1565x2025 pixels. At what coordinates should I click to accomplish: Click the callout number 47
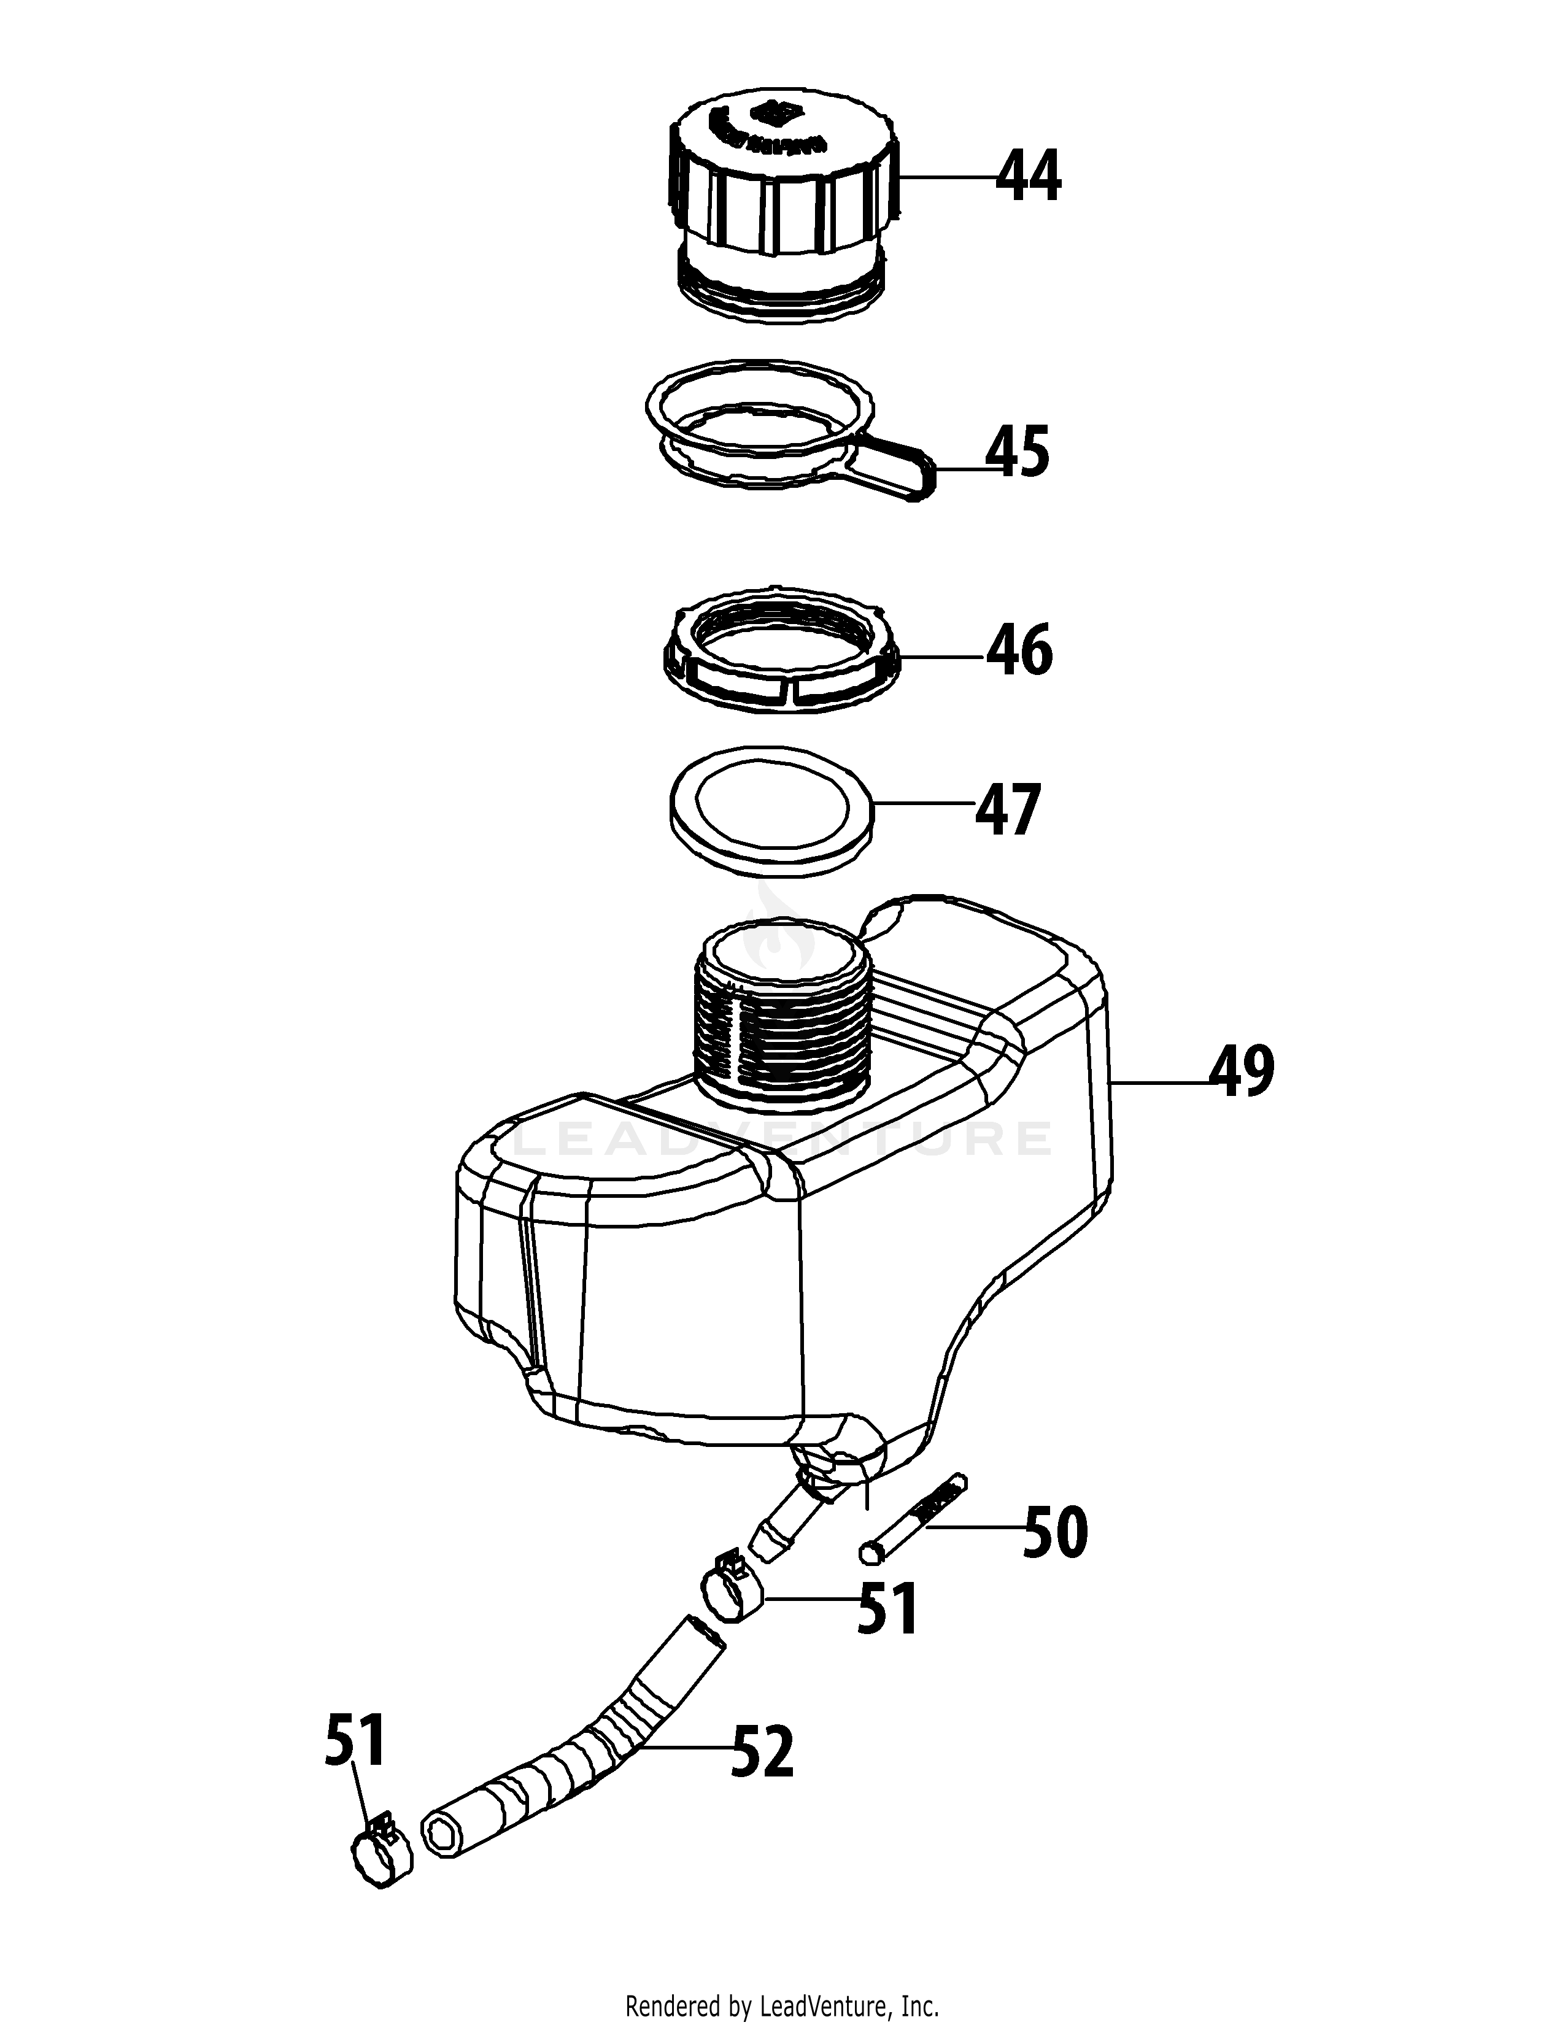pos(1007,809)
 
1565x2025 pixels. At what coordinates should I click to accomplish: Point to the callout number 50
pos(1054,1533)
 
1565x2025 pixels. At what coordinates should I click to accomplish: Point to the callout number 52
pos(762,1751)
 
